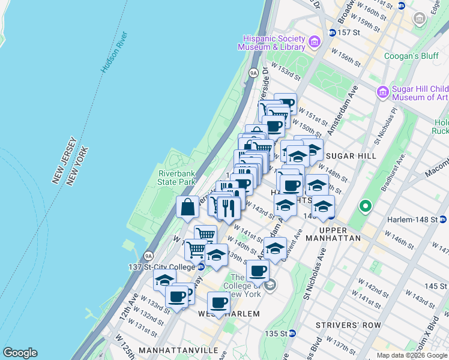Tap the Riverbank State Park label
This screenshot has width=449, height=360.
pyautogui.click(x=177, y=177)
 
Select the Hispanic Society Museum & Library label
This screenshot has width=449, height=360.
pyautogui.click(x=272, y=42)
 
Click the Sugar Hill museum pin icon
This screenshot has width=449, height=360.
pyautogui.click(x=383, y=92)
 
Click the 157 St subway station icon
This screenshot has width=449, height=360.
pyautogui.click(x=331, y=32)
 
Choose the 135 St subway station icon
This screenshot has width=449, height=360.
pyautogui.click(x=292, y=333)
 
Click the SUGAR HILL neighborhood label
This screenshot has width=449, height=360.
pyautogui.click(x=357, y=156)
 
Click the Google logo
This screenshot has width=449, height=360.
pyautogui.click(x=20, y=353)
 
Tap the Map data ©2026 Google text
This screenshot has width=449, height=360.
pyautogui.click(x=412, y=355)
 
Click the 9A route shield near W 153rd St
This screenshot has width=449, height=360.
pyautogui.click(x=253, y=73)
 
